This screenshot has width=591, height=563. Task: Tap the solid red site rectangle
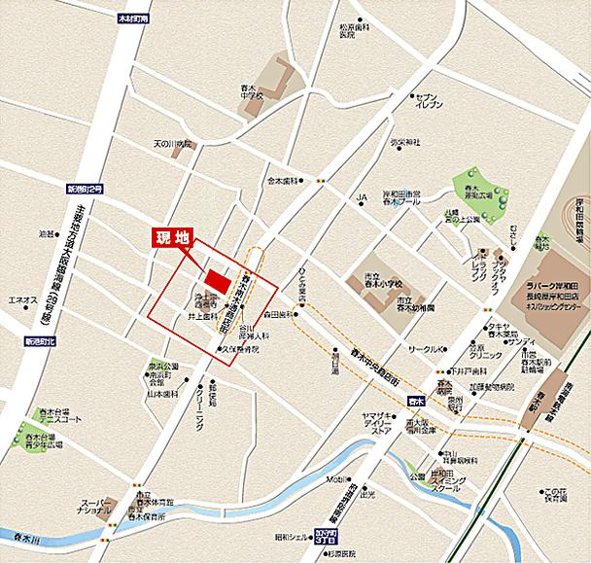(x=219, y=279)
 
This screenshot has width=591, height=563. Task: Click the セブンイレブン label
(x=427, y=101)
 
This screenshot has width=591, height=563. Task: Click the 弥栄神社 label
(x=404, y=143)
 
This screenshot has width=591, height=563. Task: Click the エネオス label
(x=23, y=299)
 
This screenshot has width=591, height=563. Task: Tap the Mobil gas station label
(x=336, y=479)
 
